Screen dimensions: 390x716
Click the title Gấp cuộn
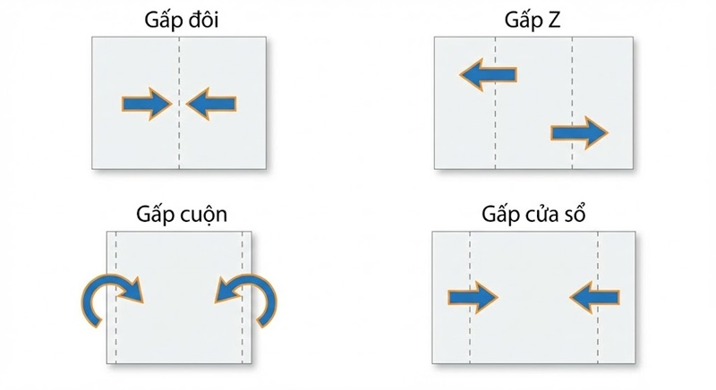point(181,215)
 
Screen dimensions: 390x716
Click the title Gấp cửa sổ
point(533,215)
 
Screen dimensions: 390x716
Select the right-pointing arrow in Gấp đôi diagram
point(147,105)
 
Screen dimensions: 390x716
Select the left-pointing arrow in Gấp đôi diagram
point(212,105)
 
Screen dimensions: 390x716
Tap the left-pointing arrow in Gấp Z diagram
point(488,76)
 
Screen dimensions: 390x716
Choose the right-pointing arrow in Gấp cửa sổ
point(472,296)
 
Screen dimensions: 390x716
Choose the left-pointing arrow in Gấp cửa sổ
point(594,296)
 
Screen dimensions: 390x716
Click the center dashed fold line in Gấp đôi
point(180,143)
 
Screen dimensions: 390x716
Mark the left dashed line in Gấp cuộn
point(116,340)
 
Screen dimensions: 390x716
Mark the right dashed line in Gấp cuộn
point(243,340)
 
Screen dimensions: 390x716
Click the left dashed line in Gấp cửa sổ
point(470,340)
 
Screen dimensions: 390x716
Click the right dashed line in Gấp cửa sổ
point(598,340)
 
